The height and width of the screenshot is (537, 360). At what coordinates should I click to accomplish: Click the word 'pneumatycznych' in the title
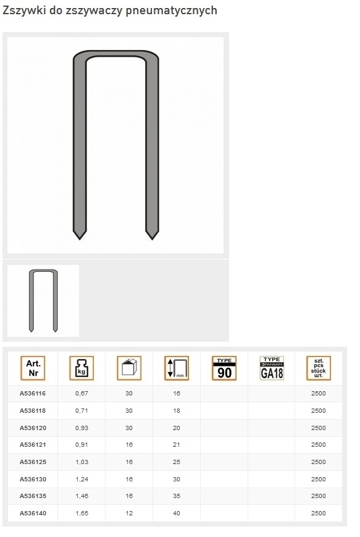(171, 11)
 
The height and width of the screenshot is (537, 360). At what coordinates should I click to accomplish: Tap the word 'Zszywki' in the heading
(24, 11)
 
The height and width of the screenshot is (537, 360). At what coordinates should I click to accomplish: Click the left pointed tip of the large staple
(80, 239)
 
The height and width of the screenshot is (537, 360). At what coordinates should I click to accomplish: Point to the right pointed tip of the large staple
(152, 239)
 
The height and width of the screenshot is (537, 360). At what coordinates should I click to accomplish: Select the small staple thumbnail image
(43, 301)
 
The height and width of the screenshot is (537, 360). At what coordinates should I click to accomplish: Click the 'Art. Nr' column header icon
(33, 368)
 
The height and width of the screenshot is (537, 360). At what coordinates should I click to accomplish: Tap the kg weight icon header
(82, 368)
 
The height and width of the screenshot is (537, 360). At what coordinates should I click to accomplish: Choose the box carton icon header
(129, 368)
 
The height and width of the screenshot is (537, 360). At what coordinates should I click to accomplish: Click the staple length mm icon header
(177, 368)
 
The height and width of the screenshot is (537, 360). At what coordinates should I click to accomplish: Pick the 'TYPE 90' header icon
(224, 368)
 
